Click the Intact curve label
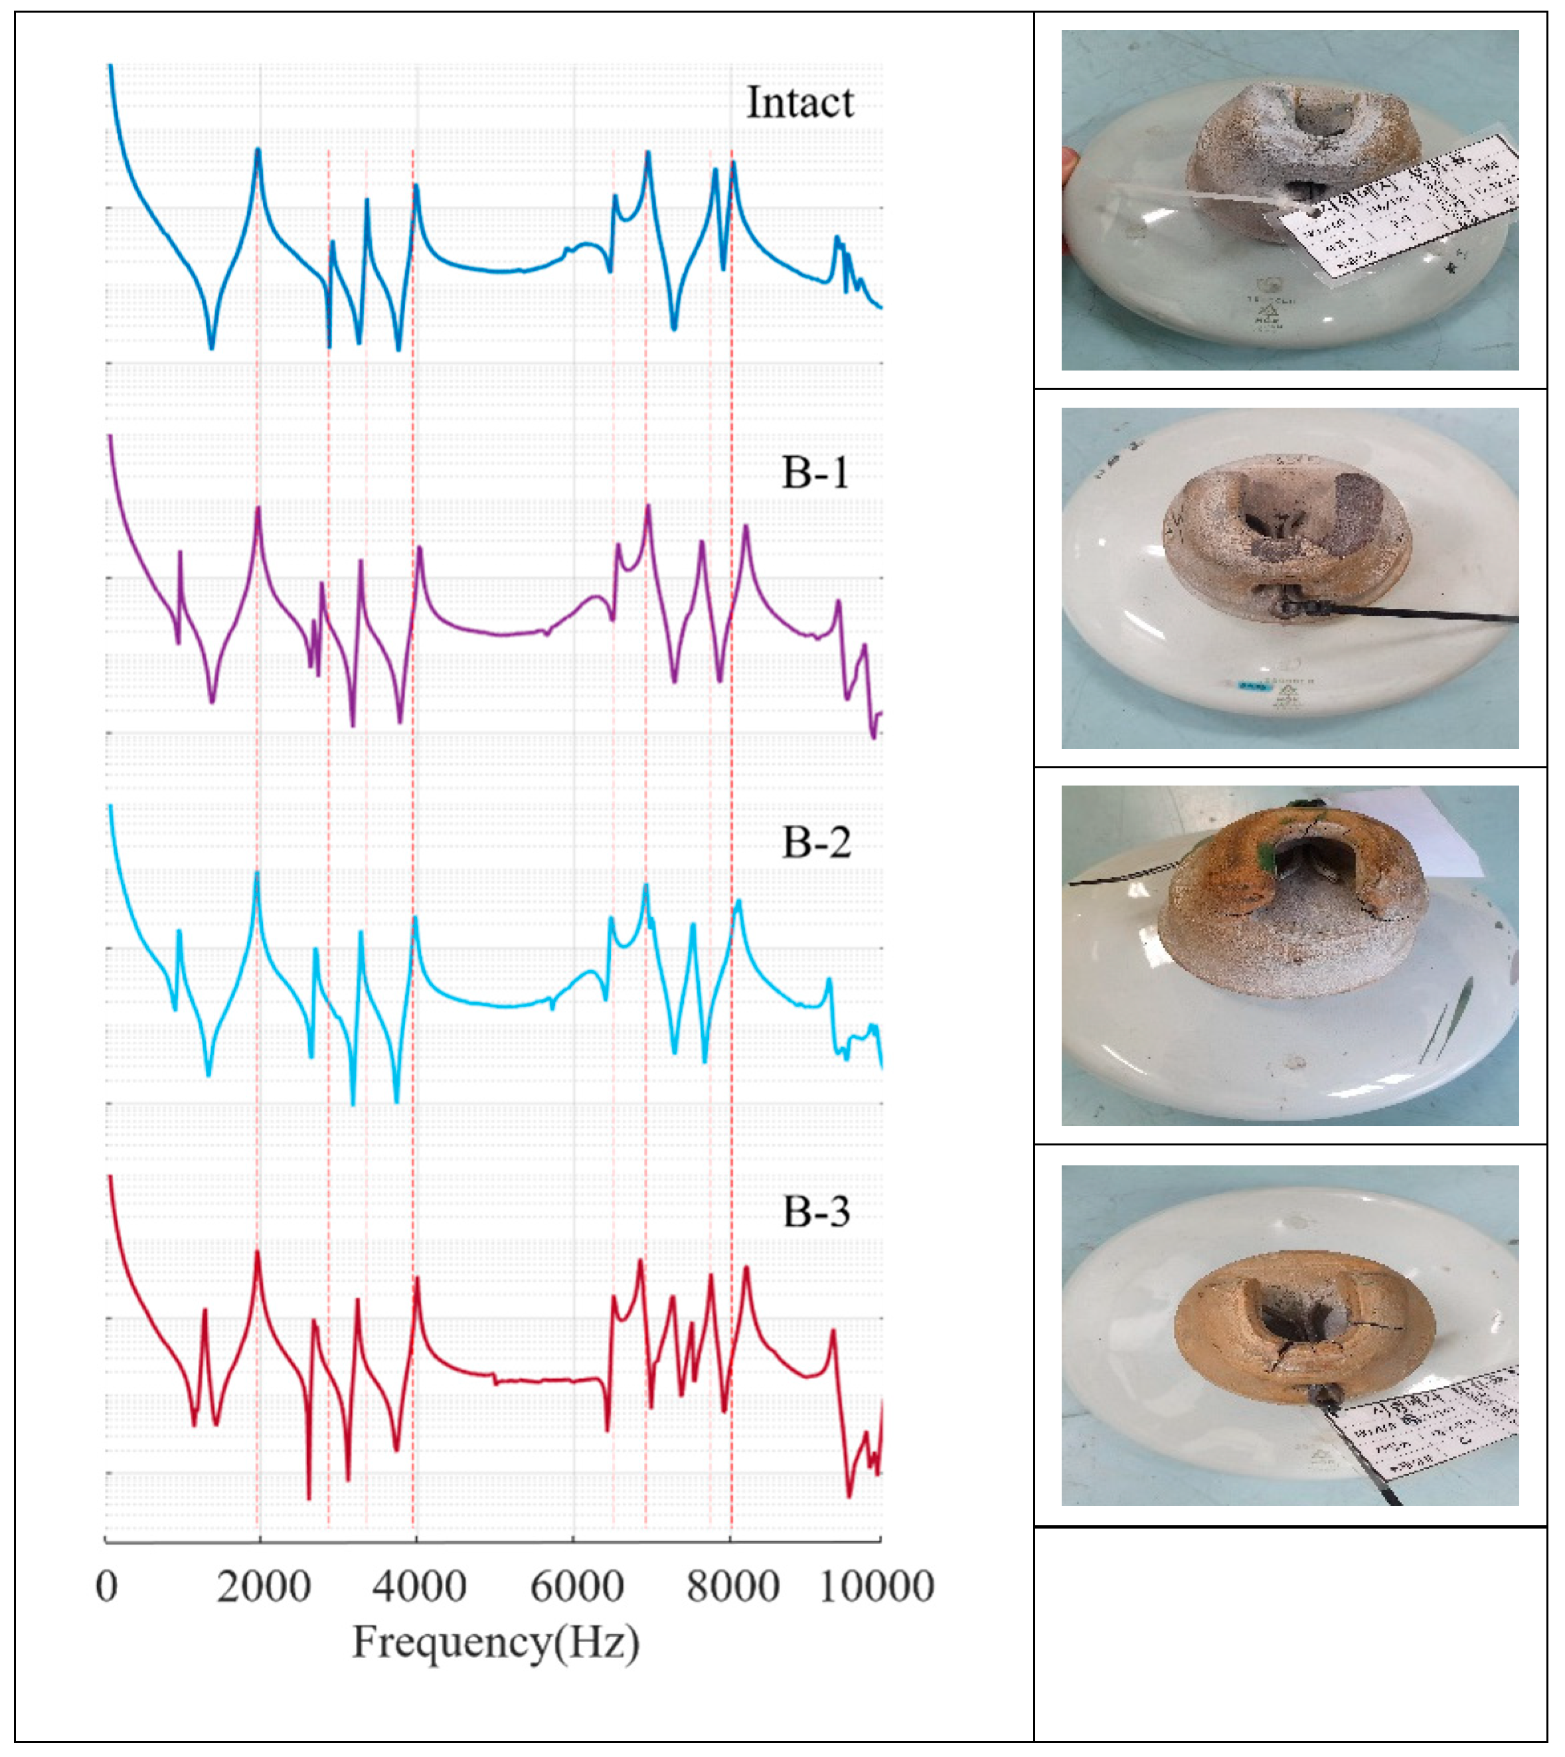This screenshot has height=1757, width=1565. click(x=799, y=103)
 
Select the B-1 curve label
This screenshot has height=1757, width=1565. click(x=815, y=473)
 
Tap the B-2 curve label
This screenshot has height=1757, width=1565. click(x=816, y=843)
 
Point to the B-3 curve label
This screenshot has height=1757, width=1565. click(x=816, y=1213)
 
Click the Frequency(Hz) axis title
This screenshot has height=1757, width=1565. click(x=496, y=1643)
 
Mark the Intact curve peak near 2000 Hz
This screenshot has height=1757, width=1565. click(x=257, y=151)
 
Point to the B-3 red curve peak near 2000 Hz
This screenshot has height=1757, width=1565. click(x=257, y=1254)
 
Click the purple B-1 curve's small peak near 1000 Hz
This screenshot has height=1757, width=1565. click(x=180, y=553)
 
